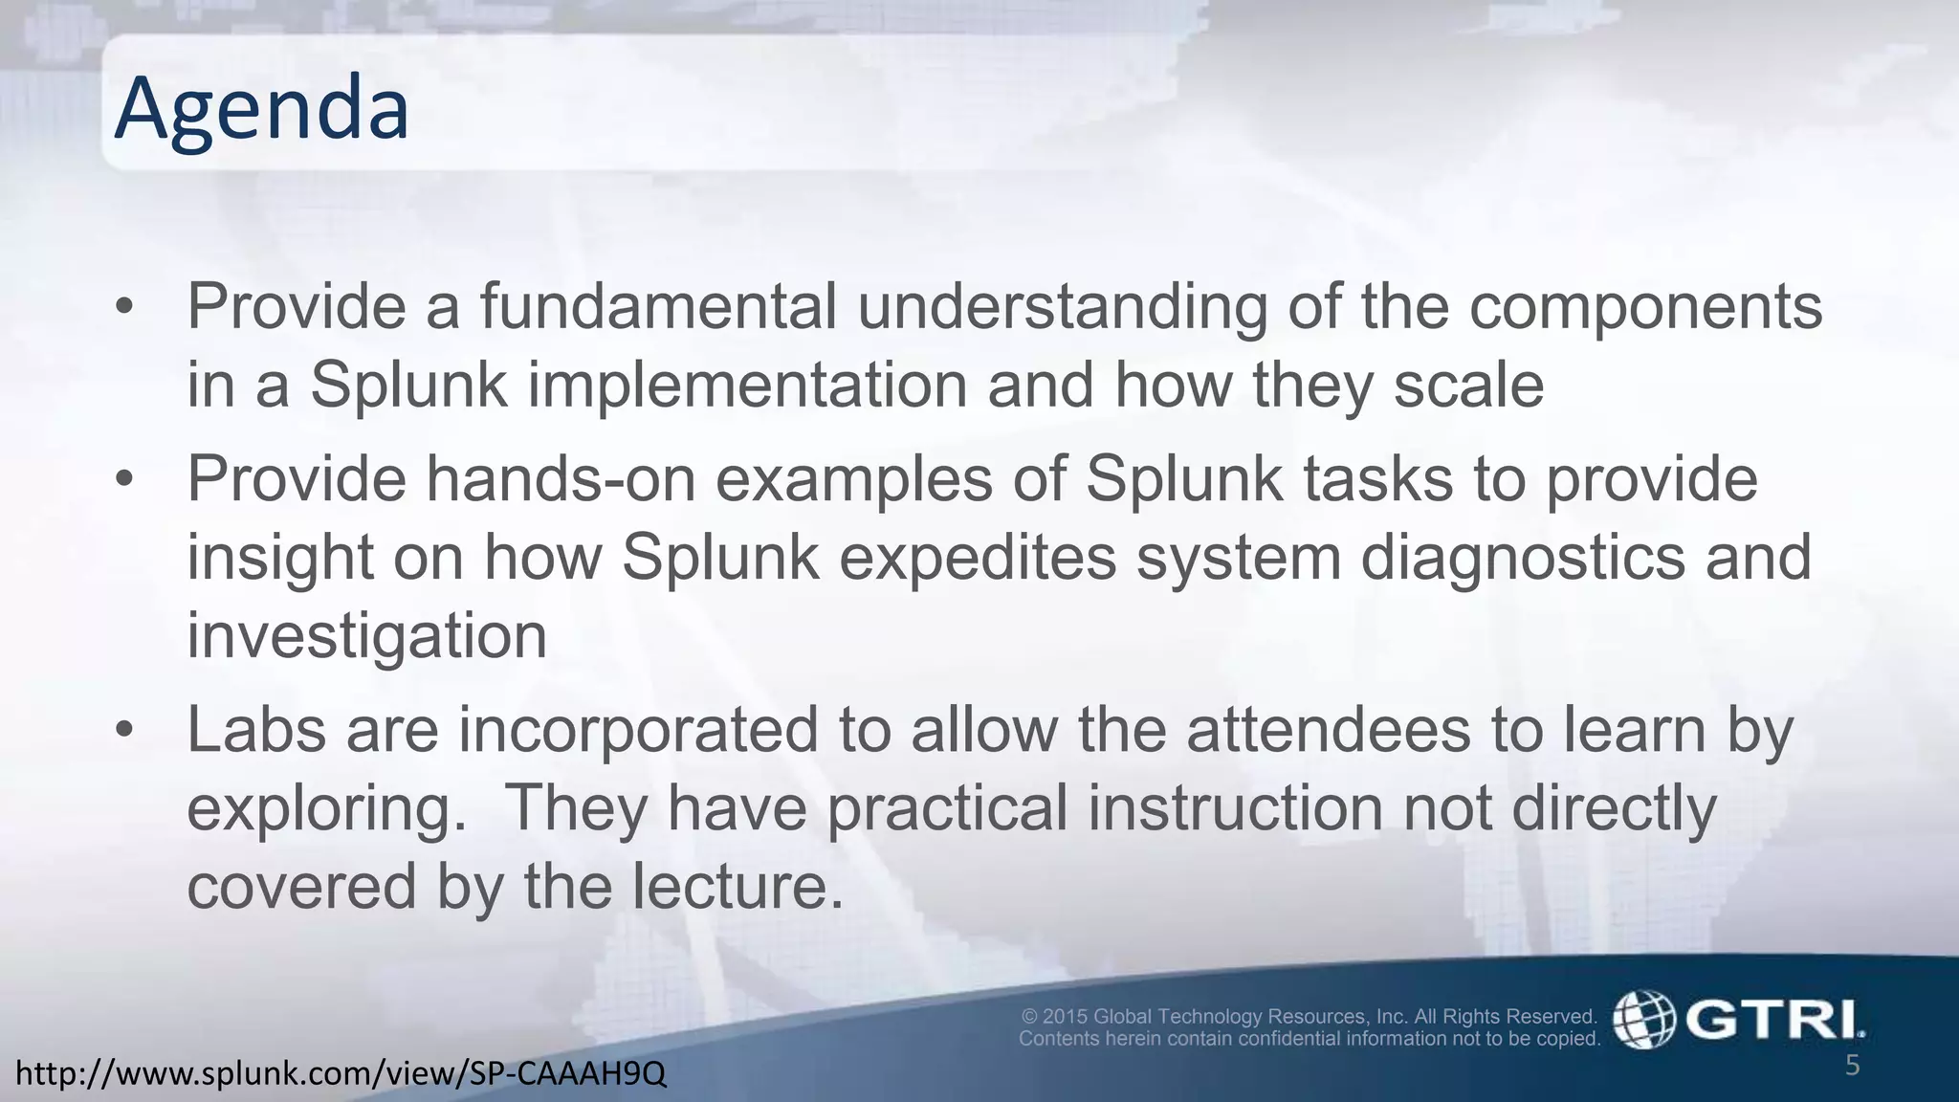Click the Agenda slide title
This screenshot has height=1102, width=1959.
point(261,109)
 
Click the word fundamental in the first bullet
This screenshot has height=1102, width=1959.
point(657,307)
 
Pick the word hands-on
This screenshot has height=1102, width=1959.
point(561,478)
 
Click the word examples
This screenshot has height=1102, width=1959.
point(853,480)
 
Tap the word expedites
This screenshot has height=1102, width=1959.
point(977,559)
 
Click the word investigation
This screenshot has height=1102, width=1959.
point(366,637)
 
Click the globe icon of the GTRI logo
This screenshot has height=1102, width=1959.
point(1643,1020)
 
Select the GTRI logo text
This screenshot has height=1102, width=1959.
point(1774,1020)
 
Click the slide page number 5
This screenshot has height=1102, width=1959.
point(1852,1066)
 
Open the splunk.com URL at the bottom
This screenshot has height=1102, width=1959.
point(341,1074)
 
